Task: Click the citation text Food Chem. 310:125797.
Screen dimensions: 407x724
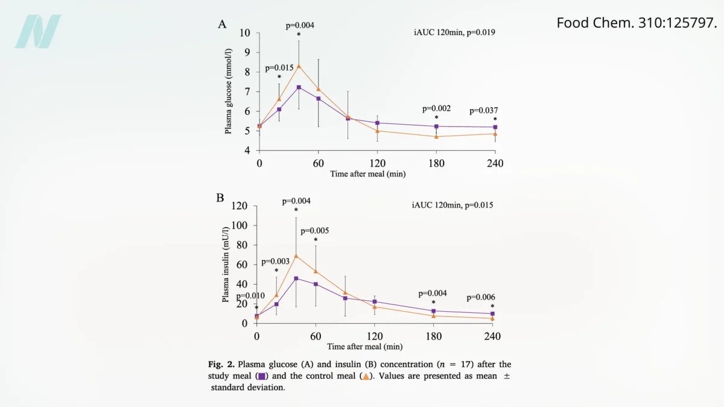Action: [637, 23]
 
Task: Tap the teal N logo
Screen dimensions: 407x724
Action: [38, 31]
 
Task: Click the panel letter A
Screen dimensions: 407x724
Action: [222, 25]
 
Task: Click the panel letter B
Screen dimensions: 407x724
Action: [220, 198]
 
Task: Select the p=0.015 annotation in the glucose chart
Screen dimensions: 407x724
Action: [279, 68]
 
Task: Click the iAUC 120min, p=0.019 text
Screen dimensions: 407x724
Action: [450, 32]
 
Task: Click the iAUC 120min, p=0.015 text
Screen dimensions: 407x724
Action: [453, 205]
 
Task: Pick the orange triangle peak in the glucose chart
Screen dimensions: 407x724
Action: [299, 66]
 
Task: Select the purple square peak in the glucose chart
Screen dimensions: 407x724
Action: [299, 87]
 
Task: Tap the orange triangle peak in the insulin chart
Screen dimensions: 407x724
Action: [296, 256]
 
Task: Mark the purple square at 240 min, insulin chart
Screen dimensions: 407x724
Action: [492, 314]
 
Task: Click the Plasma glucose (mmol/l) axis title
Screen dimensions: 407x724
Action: [229, 92]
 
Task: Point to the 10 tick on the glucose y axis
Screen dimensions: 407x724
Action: [246, 33]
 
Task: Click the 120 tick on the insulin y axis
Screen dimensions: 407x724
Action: [241, 206]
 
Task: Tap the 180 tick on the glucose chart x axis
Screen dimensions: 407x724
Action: [436, 163]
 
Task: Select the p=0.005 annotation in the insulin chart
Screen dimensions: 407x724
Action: [315, 231]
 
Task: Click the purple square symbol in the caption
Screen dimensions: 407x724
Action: [262, 376]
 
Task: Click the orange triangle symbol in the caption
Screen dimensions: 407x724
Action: [365, 376]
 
